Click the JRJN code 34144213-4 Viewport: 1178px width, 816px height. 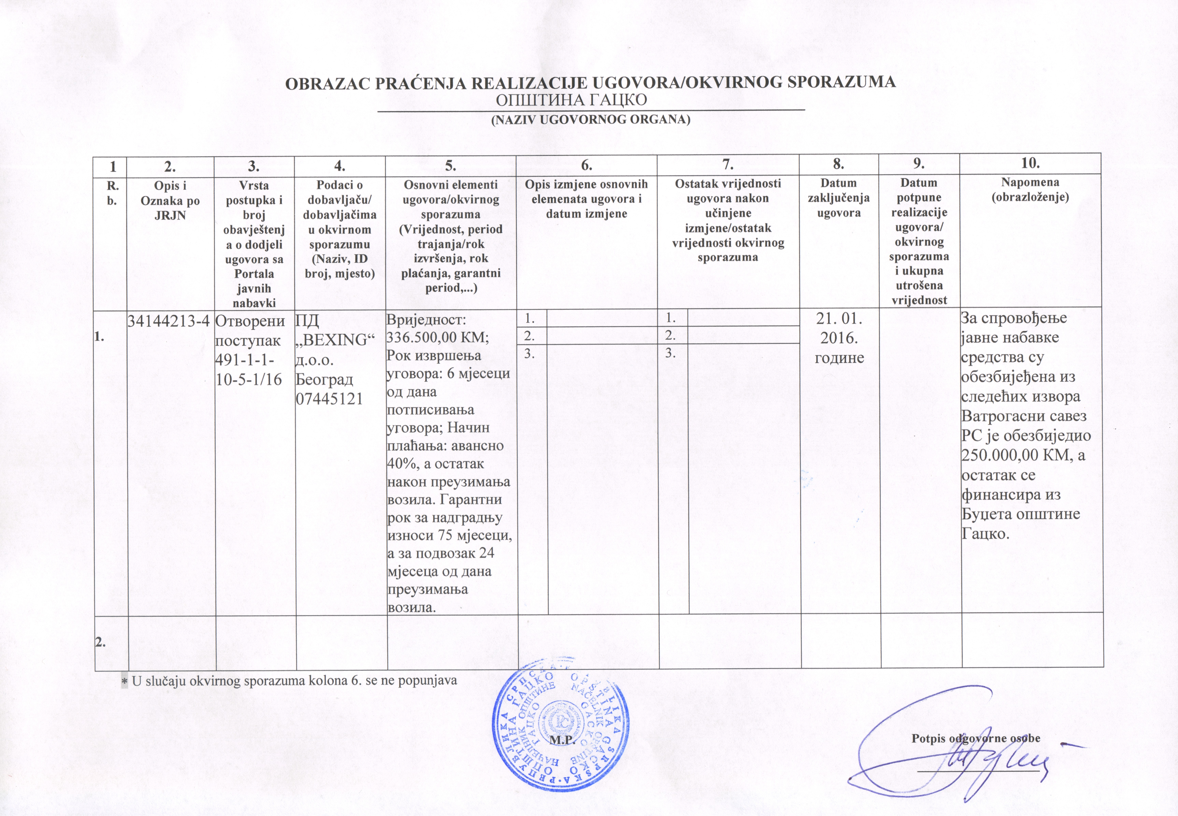pos(169,321)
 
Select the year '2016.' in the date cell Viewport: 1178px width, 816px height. pos(839,338)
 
